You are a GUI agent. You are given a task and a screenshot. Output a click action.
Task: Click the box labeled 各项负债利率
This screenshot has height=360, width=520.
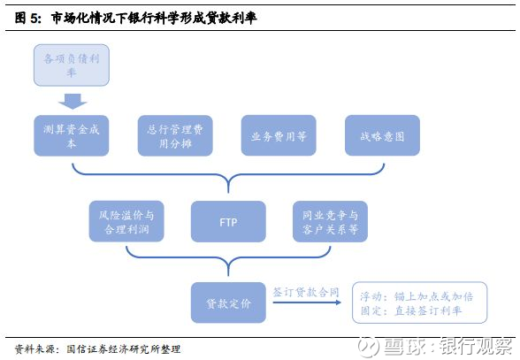point(72,65)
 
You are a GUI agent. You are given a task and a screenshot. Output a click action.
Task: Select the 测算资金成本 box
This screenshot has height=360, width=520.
point(72,135)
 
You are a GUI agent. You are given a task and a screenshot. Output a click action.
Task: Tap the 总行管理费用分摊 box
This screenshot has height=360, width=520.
point(175,135)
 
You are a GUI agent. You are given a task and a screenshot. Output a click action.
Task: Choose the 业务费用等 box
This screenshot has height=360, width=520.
point(279,135)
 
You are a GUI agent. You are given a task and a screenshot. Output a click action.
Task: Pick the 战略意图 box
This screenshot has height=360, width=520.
point(382,135)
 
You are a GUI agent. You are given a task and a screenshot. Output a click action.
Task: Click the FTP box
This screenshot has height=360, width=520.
point(228,221)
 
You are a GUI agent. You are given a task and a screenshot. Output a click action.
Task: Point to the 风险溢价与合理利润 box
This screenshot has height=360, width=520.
point(126,221)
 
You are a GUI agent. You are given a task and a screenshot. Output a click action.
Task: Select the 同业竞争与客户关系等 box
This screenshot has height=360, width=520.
point(330,221)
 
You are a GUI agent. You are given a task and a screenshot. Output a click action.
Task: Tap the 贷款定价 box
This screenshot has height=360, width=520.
point(228,303)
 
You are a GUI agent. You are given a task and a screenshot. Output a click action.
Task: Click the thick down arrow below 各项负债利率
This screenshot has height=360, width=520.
point(73,101)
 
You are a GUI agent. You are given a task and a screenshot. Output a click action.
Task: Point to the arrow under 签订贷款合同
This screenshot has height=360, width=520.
point(307,303)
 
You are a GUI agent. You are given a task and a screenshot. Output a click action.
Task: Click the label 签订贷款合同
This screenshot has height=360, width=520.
point(306,292)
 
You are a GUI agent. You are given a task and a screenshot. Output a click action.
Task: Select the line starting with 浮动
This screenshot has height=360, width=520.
point(417,296)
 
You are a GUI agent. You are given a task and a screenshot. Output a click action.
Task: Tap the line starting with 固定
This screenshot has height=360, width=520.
point(411,310)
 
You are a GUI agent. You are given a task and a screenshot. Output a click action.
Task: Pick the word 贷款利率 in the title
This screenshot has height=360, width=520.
point(231,18)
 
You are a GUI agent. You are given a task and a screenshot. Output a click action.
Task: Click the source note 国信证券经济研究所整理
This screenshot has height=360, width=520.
point(124,349)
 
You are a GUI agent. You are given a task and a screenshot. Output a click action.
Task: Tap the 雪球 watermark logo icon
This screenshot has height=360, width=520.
point(368,347)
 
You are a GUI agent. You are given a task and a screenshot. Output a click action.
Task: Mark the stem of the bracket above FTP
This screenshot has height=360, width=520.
point(228,186)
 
